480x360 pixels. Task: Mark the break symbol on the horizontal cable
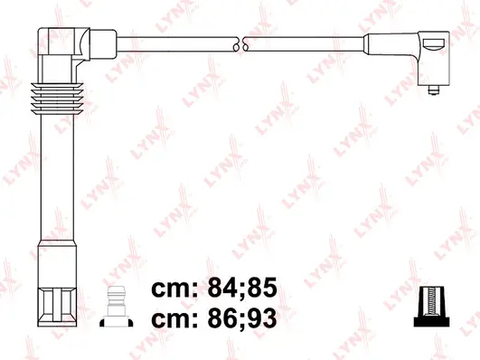[240, 43]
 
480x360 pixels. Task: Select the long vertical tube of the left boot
[53, 181]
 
